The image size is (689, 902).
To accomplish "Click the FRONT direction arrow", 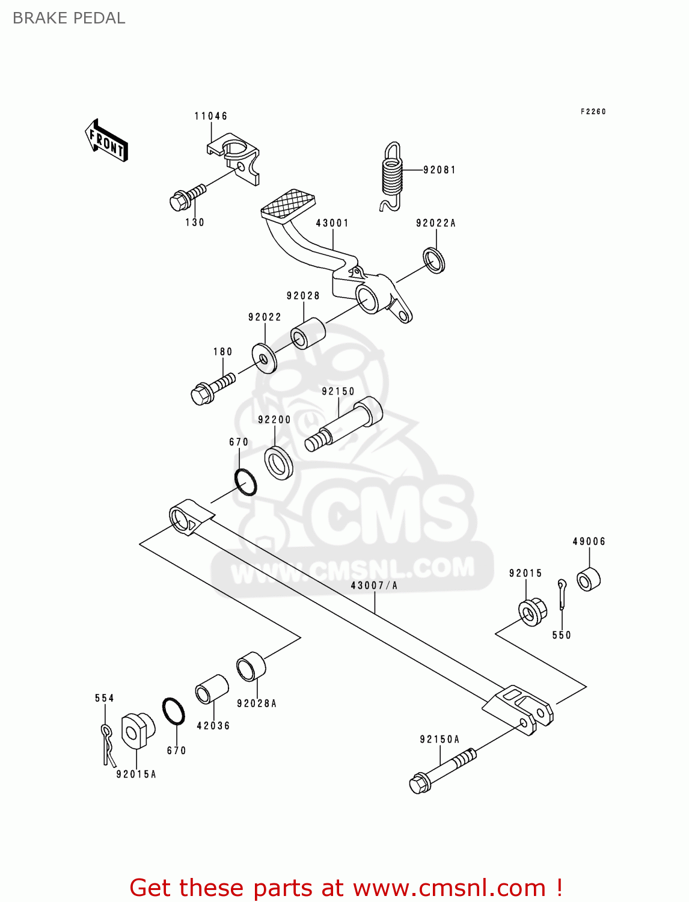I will [107, 141].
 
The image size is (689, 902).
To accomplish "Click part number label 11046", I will [211, 116].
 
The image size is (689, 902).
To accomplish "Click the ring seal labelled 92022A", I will [434, 260].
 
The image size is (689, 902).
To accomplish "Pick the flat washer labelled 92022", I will [265, 358].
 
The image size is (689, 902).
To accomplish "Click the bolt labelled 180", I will [212, 388].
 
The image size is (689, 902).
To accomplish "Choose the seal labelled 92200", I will [279, 463].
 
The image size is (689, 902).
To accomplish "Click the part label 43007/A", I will [374, 585].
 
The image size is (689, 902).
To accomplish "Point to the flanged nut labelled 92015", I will [532, 612].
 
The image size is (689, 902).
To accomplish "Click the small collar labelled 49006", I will [588, 578].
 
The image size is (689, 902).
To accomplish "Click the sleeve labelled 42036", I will [212, 689].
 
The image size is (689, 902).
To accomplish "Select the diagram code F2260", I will [593, 112].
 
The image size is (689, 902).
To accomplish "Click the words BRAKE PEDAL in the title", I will [69, 18].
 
